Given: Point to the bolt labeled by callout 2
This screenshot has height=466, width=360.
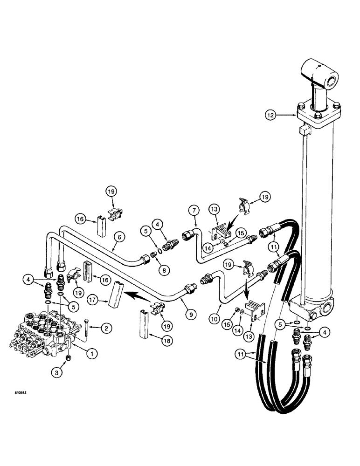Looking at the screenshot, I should click(x=87, y=330).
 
